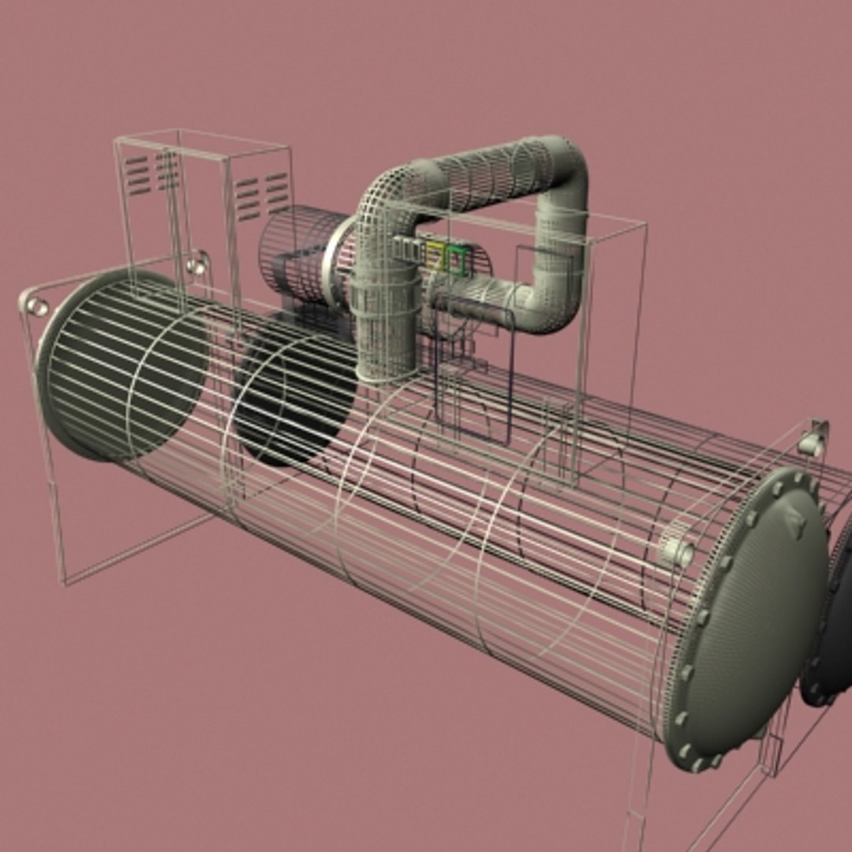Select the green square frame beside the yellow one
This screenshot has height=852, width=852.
tap(457, 259)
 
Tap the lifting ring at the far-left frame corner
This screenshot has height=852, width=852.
tap(35, 305)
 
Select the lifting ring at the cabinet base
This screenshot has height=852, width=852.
tap(197, 263)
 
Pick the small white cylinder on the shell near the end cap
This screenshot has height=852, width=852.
tap(675, 549)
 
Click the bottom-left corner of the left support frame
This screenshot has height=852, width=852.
tap(65, 582)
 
